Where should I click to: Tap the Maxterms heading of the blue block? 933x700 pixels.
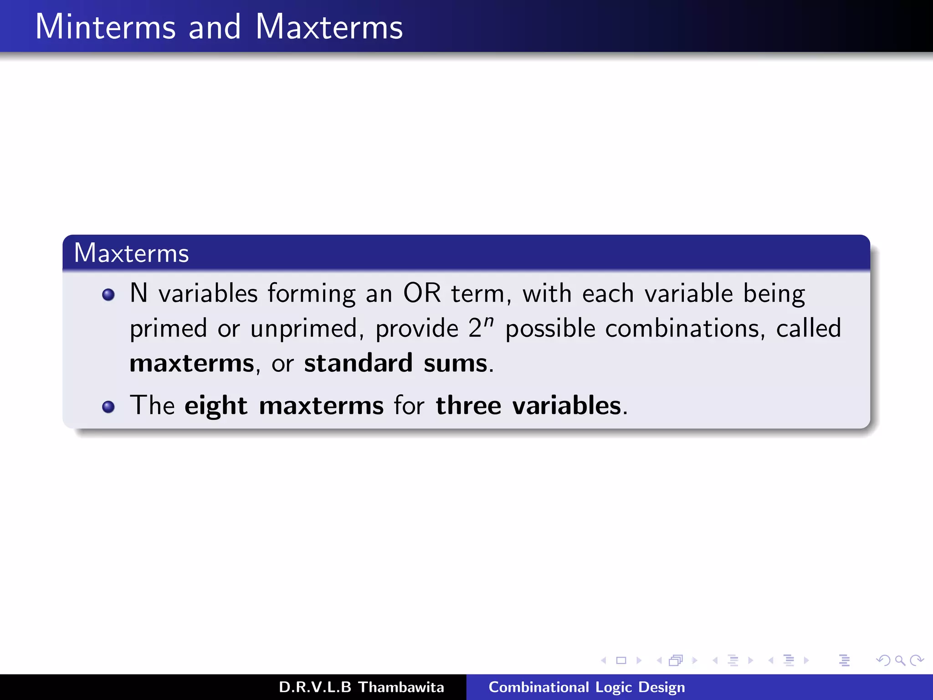[131, 253]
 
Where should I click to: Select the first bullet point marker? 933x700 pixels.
[108, 295]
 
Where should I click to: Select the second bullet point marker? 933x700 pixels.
[108, 407]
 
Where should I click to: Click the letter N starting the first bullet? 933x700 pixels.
[138, 293]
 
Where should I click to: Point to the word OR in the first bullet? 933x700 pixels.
[422, 293]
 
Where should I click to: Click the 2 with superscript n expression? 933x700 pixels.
[481, 327]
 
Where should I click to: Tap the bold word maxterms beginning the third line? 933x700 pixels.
[192, 364]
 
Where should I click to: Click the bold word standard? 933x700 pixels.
[358, 364]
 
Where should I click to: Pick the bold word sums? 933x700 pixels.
[455, 364]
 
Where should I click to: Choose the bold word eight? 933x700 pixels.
[215, 406]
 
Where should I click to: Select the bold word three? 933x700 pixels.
[468, 406]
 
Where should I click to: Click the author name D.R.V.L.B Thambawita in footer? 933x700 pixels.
[361, 687]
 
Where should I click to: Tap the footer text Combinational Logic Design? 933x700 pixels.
[586, 687]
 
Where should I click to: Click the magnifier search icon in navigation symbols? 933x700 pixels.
[900, 660]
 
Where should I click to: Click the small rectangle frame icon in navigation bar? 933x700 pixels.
[621, 660]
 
